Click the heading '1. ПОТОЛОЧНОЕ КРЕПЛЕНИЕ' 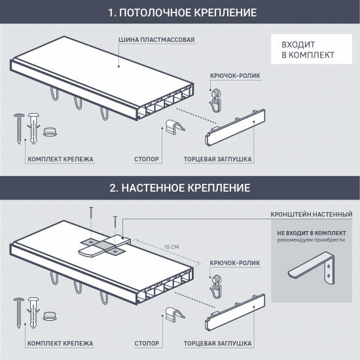coord(183,12)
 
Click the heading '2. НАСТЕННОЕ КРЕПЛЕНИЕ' coord(180,188)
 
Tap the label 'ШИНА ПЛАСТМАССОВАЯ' coord(156,40)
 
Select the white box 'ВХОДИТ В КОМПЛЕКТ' coord(312,49)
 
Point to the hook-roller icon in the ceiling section coord(216,100)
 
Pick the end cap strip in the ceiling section coord(235,128)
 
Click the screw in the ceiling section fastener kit coord(19,128)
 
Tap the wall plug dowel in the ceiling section coord(33,128)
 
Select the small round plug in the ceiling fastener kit coord(50,132)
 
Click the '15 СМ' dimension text coord(171,247)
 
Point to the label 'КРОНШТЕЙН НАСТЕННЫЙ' coord(312,215)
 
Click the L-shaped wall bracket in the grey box coord(312,268)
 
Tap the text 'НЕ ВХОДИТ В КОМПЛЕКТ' coord(312,233)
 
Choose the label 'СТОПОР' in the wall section coord(147,344)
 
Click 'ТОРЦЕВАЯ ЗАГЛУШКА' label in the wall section coord(218,344)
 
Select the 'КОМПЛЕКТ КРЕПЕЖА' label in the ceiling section coord(60,159)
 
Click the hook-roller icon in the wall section coord(216,287)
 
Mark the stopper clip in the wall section coord(175,314)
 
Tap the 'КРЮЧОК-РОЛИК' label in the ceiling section coord(235,76)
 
